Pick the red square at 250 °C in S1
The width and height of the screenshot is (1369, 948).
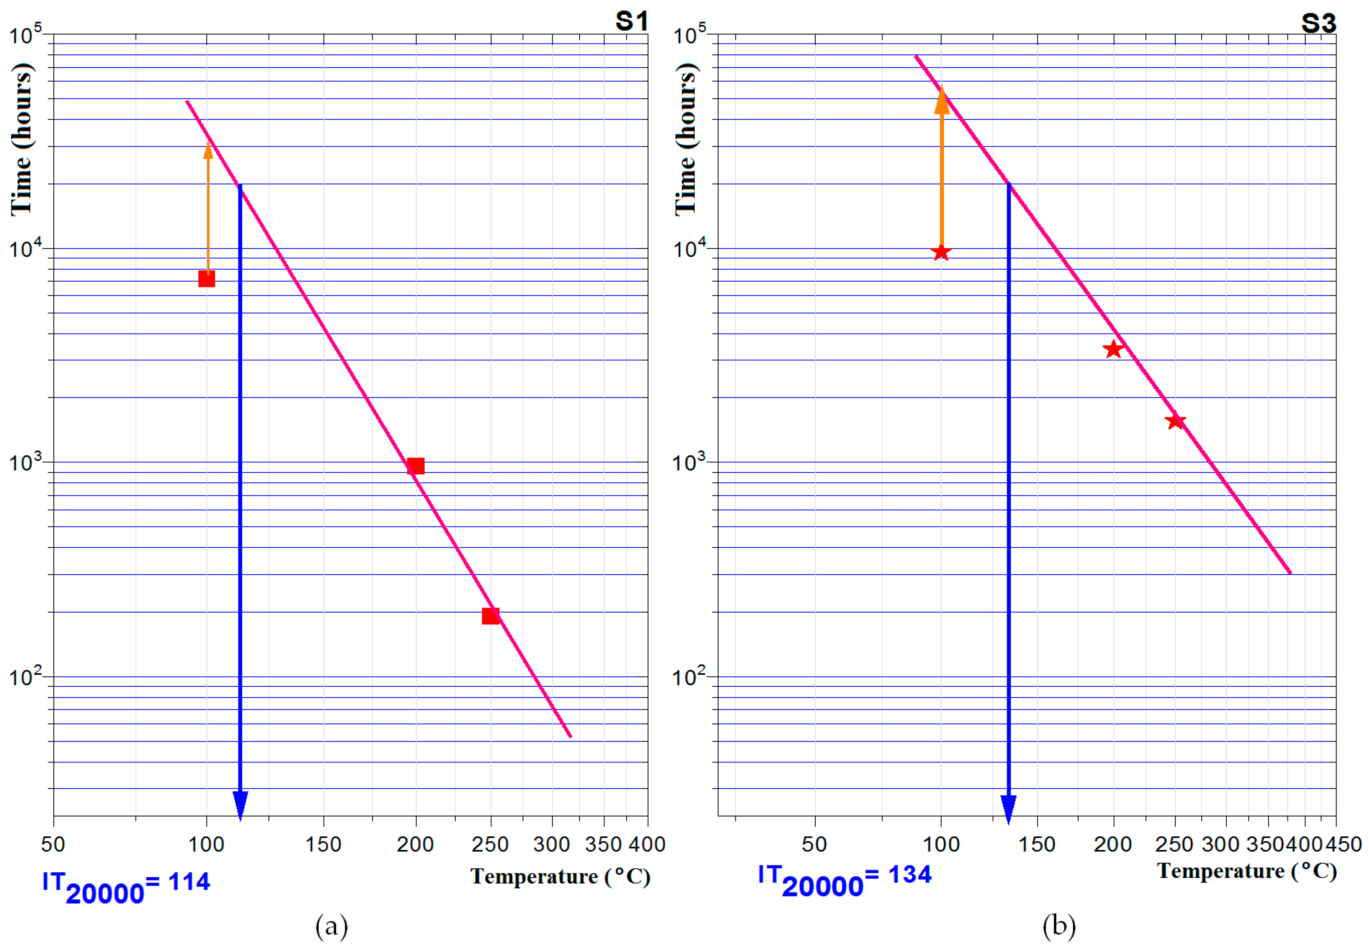pos(490,615)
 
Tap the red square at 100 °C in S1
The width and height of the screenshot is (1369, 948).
pos(206,279)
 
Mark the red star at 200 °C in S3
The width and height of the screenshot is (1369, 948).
pos(1113,349)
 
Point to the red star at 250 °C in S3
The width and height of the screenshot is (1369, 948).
pos(1175,421)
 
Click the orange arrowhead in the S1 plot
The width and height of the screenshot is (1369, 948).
pos(208,150)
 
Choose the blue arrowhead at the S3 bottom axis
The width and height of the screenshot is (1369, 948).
pos(1008,809)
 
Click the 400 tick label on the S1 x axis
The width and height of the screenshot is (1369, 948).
pos(647,844)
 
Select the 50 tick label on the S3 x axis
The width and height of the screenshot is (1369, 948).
pos(814,844)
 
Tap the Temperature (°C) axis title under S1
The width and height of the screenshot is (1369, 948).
pos(560,877)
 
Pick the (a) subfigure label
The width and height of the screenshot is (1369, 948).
pos(332,926)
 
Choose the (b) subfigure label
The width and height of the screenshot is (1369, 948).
pos(1059,926)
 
